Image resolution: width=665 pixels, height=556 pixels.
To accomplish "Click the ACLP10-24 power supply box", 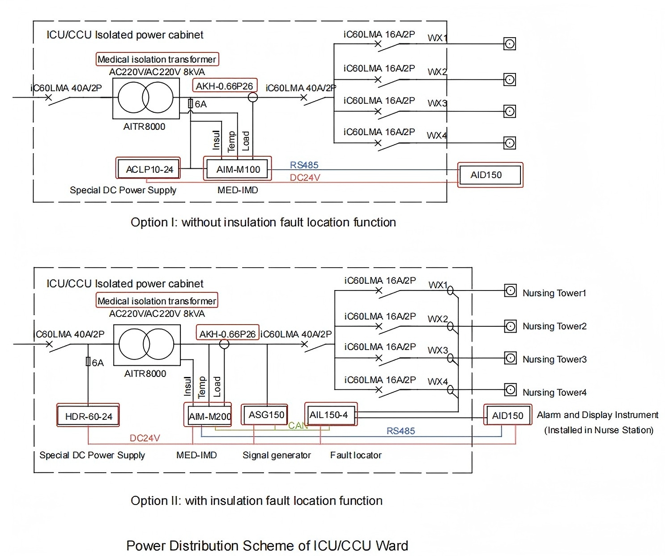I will point(149,169).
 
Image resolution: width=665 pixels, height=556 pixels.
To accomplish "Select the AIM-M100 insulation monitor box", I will point(238,169).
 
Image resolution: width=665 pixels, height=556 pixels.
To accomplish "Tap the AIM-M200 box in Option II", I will point(209,416).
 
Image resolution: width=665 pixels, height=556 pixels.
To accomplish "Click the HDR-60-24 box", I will point(88,416).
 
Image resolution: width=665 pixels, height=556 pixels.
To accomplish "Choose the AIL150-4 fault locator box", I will point(329,415).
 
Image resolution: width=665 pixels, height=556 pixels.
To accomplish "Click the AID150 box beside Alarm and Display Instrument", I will point(507,415).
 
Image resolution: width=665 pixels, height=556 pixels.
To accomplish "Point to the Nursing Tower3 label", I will point(554,359).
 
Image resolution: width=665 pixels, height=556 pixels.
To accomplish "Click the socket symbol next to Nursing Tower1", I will point(510,291).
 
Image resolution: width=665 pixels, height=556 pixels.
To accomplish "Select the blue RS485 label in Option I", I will point(304,165).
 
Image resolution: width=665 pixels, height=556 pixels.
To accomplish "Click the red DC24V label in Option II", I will point(145,438).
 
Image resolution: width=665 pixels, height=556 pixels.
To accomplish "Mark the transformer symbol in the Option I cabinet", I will point(145,98).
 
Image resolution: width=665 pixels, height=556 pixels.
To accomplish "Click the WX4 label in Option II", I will point(437,381).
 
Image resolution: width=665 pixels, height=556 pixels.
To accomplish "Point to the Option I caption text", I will point(263,222).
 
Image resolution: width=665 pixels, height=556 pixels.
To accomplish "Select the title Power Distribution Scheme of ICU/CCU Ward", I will point(267,546).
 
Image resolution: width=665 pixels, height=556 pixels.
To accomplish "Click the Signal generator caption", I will point(277,455).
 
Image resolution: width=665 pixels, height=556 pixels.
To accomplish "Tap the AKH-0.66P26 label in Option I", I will point(224,86).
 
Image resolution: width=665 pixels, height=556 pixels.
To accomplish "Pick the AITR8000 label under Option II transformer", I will point(145,373).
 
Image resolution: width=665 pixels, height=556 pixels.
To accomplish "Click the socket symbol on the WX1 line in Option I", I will point(509,44).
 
